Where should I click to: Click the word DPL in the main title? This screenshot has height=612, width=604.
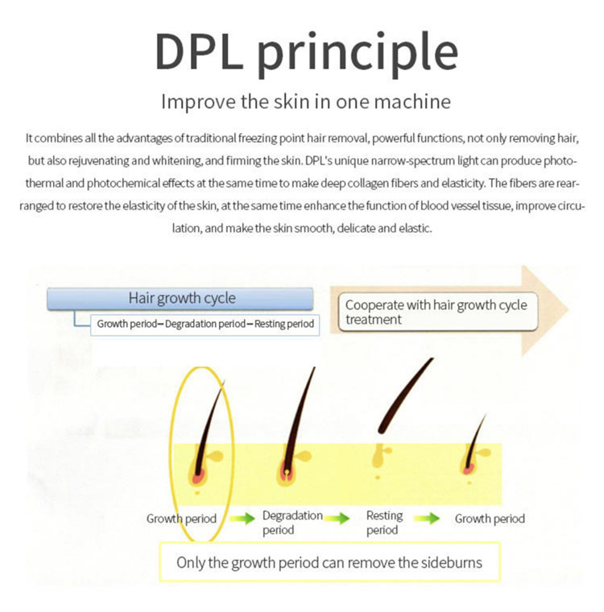(199, 52)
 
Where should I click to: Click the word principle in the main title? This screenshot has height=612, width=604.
(358, 55)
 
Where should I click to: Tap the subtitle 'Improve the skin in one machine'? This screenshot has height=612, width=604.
(306, 101)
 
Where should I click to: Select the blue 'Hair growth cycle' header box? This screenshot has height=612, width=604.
(180, 299)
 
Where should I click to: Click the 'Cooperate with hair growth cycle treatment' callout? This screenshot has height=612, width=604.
(437, 312)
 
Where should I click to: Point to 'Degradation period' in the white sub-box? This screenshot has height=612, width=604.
(205, 324)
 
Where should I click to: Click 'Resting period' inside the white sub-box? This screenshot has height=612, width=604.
(284, 324)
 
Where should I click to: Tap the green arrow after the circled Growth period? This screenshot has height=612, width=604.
(242, 519)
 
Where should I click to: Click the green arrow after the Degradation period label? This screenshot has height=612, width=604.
(337, 519)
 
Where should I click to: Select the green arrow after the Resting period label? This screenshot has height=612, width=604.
(427, 519)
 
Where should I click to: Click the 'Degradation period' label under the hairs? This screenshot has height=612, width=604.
(292, 523)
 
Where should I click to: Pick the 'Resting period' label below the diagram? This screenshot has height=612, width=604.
(384, 523)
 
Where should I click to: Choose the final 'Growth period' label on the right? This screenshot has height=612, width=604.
(490, 519)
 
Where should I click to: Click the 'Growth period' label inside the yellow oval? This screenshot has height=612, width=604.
(181, 519)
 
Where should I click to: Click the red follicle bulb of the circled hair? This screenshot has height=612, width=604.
(199, 476)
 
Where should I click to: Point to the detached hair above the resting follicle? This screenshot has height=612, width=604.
(405, 395)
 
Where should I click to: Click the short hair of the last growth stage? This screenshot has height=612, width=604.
(475, 442)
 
